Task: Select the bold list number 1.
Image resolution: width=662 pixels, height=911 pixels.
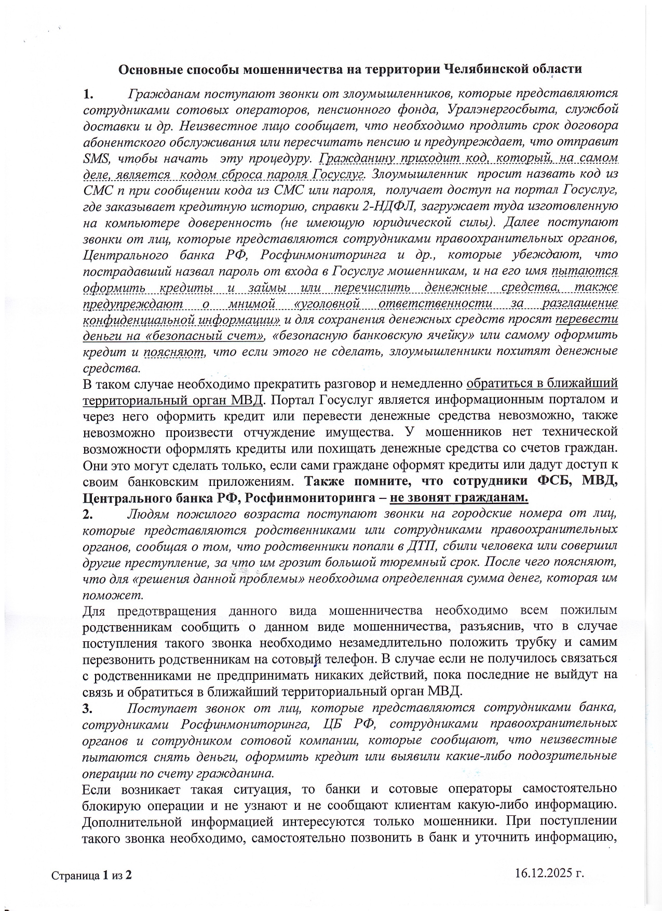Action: pyautogui.click(x=87, y=94)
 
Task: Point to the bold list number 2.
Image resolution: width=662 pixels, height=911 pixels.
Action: pyautogui.click(x=87, y=514)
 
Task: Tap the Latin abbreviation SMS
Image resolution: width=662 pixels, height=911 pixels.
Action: pyautogui.click(x=93, y=159)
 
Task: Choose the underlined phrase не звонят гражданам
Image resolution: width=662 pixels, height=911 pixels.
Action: pyautogui.click(x=459, y=498)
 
